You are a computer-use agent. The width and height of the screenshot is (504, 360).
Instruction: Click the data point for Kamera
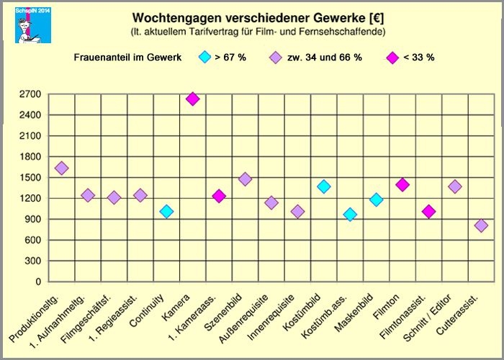[x=192, y=99]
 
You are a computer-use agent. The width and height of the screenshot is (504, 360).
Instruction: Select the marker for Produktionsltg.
[x=61, y=168]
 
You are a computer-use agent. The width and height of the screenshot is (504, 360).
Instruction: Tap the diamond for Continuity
[x=166, y=211]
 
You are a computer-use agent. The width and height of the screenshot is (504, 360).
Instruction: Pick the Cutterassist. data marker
[x=481, y=225]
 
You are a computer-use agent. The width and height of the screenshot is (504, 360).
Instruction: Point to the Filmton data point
[x=402, y=185]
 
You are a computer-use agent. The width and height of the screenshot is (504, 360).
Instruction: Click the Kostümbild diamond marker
[x=323, y=186]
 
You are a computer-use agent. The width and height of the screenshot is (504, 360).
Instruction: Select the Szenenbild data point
[x=245, y=179]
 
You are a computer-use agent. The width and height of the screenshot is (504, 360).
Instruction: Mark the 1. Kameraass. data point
[x=219, y=196]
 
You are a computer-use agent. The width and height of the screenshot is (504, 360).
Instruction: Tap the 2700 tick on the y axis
[x=31, y=94]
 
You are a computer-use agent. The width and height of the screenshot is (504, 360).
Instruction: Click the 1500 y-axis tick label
[x=31, y=177]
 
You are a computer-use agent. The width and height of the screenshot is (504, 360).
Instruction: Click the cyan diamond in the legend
[x=204, y=58]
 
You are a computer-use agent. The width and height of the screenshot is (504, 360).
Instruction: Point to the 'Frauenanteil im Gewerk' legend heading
[x=127, y=58]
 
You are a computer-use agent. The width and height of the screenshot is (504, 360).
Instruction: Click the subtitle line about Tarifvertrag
[x=258, y=32]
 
